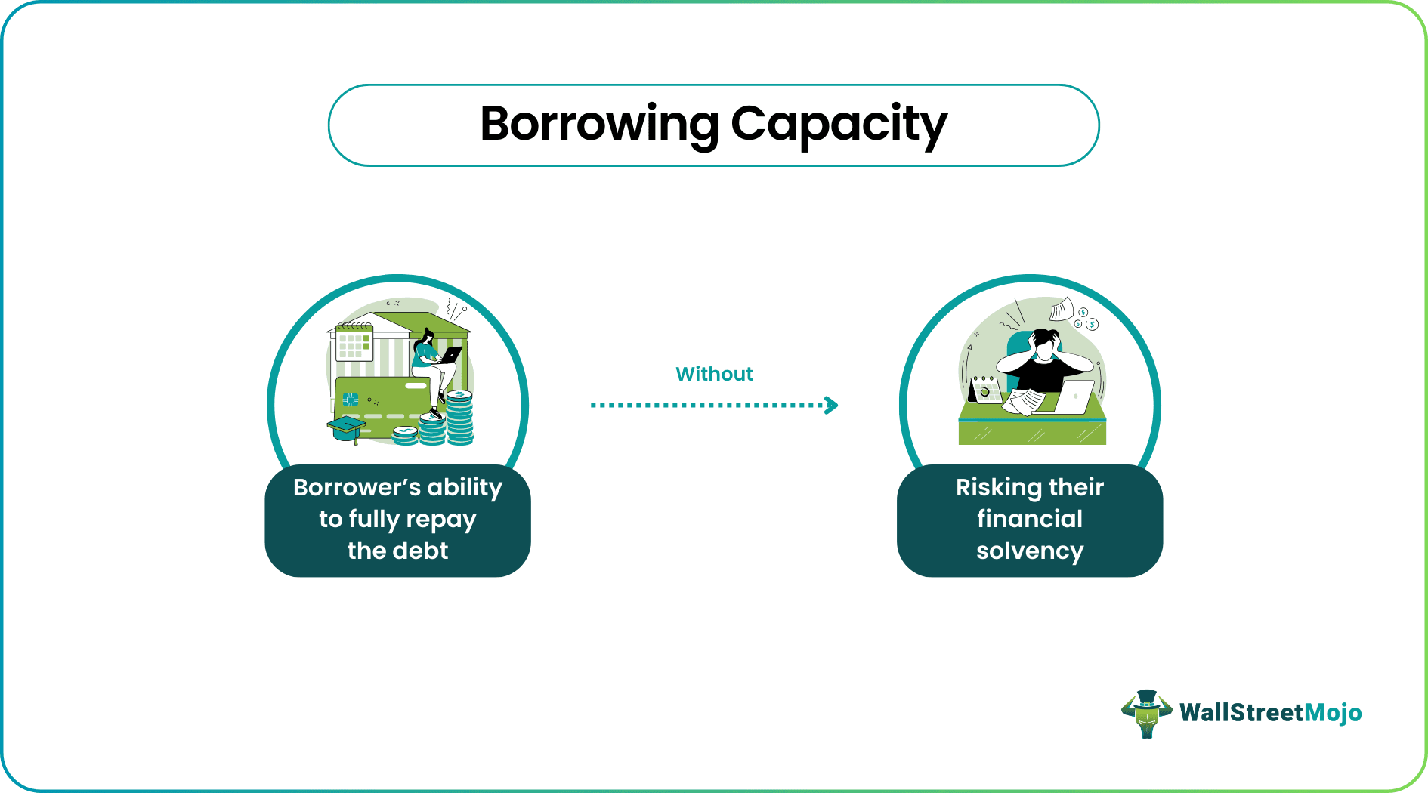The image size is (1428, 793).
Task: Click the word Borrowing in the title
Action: coord(599,124)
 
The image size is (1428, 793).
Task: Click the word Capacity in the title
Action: coord(839,124)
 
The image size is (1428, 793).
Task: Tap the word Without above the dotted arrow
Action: coord(714,374)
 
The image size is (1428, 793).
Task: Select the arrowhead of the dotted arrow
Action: coord(832,406)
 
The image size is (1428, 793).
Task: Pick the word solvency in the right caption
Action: coord(1029,551)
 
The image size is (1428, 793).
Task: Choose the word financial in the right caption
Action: coord(1029,519)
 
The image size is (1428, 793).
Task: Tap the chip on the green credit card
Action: coord(350,400)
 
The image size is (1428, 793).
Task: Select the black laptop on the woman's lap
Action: coord(451,354)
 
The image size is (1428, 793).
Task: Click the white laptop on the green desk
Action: coord(1074,397)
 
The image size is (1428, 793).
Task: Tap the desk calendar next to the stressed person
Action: coord(985,390)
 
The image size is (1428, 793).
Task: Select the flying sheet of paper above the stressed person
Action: coord(1061,309)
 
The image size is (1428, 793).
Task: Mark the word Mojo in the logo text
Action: coord(1334,713)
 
